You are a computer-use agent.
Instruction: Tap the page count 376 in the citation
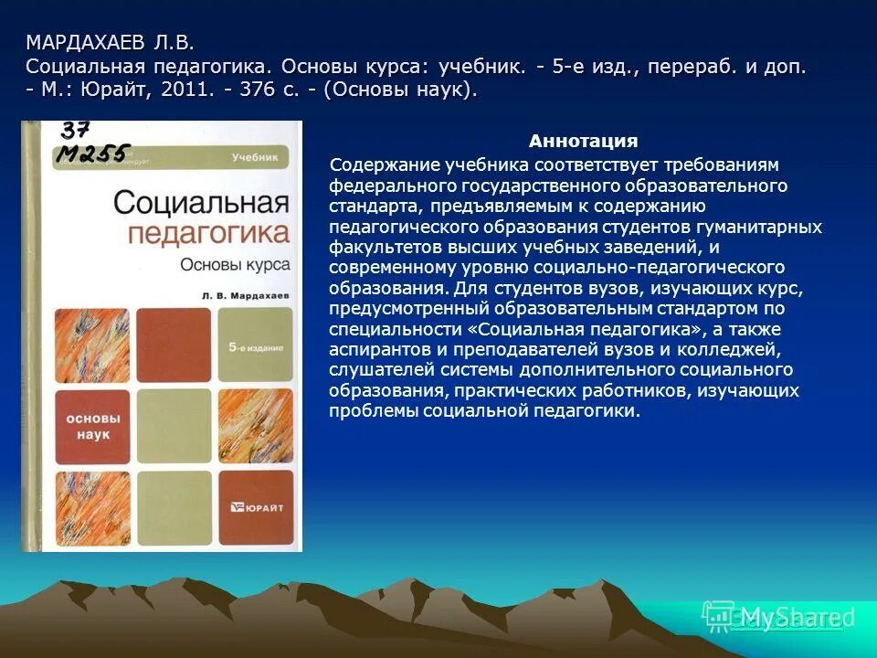pos(269,90)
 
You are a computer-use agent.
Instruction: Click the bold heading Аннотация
pos(583,142)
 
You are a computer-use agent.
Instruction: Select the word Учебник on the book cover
pos(254,157)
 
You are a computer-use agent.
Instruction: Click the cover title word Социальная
pos(201,201)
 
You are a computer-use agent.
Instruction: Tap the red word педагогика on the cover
pos(208,232)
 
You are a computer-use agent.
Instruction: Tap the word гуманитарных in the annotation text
pos(770,226)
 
